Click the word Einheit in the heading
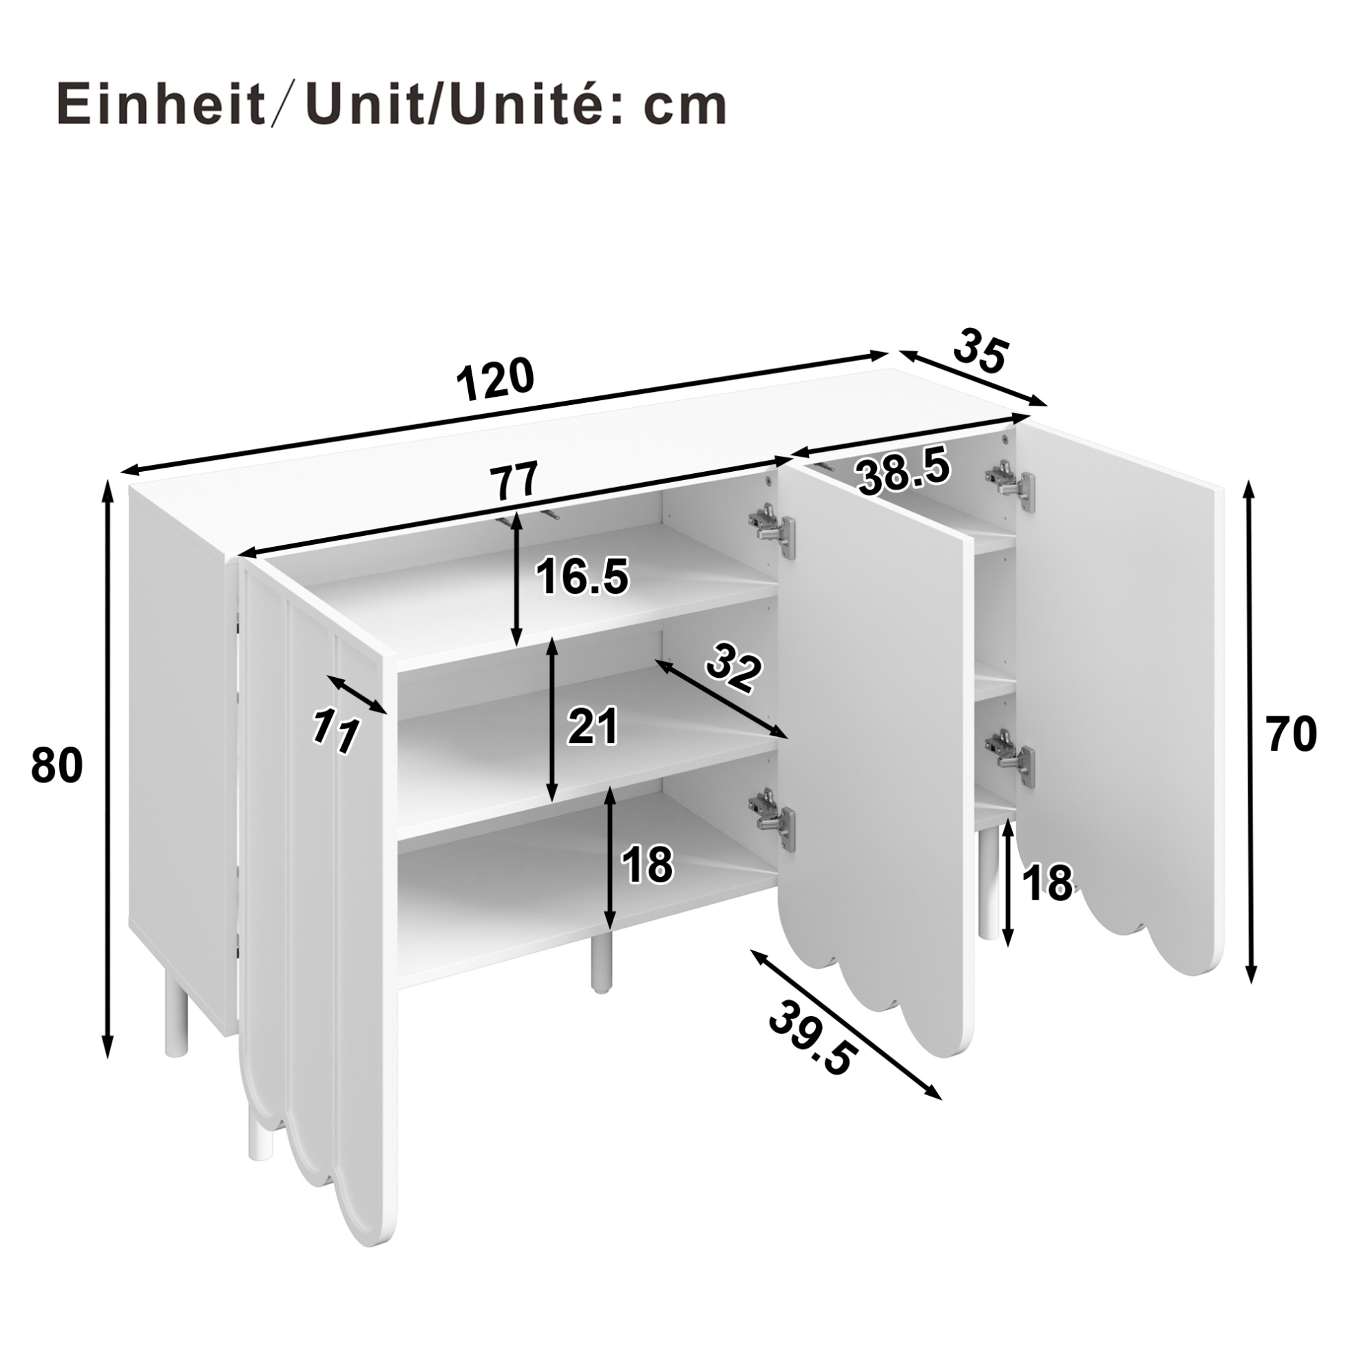click(160, 105)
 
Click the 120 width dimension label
click(496, 379)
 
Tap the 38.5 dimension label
click(903, 472)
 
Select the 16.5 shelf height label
click(582, 576)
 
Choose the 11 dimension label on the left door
click(335, 731)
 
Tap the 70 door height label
click(1290, 733)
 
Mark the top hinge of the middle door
click(772, 526)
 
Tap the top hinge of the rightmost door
click(1011, 484)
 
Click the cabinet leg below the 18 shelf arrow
click(600, 965)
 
